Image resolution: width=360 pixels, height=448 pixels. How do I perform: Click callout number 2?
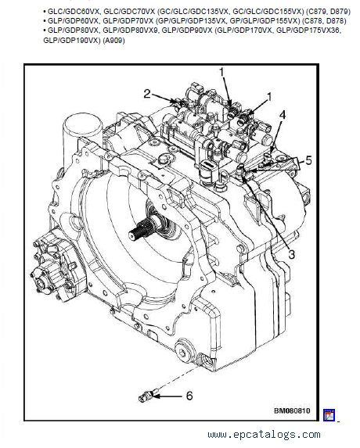[x=146, y=94]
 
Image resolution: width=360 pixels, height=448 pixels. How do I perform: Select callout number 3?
[x=291, y=254]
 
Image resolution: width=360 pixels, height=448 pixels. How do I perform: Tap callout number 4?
[x=283, y=115]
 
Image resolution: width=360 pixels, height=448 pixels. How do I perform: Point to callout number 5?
[x=308, y=160]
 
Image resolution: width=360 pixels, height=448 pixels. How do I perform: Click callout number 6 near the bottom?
[x=189, y=396]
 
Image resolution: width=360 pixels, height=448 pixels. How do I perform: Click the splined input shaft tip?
[x=135, y=234]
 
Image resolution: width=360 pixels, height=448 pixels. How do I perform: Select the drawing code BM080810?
[x=292, y=410]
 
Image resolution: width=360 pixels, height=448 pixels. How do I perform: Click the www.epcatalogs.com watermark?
[x=264, y=435]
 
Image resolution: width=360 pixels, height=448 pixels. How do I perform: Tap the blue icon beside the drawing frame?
[x=329, y=415]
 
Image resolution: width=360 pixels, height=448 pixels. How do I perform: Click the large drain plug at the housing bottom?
[x=182, y=351]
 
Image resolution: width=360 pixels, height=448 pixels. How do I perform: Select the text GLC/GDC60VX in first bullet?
[x=74, y=12]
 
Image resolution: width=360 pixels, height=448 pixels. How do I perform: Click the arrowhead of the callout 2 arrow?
[x=175, y=101]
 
